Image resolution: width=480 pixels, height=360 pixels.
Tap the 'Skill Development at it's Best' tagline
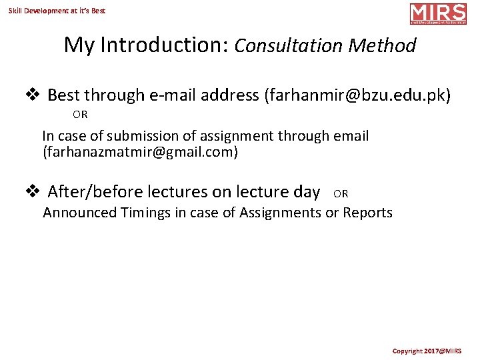[57, 11]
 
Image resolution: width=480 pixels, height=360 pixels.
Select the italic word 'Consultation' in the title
[287, 45]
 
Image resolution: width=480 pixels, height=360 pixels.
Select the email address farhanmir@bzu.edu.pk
[357, 95]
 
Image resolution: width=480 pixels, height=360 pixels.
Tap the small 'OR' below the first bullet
[80, 115]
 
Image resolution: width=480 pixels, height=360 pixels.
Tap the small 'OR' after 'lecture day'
[341, 194]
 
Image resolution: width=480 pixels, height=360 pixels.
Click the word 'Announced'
[78, 213]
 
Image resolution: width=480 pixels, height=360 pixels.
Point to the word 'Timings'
[147, 213]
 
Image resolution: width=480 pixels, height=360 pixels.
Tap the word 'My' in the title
[77, 45]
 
